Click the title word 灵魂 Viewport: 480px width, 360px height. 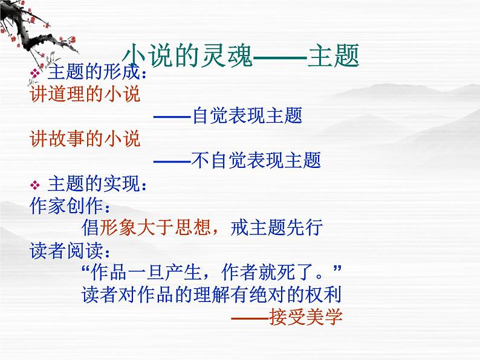click(x=227, y=56)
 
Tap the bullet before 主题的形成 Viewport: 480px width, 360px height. click(x=35, y=73)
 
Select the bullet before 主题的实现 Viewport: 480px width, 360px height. click(x=35, y=185)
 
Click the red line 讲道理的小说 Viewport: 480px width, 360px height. click(x=85, y=94)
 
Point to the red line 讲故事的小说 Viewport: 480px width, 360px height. click(x=85, y=138)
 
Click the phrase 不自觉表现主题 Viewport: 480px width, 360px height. click(x=256, y=160)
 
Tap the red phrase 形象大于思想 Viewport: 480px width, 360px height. click(x=155, y=228)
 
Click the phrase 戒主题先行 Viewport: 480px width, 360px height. click(x=276, y=228)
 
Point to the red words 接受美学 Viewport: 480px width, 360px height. click(x=305, y=317)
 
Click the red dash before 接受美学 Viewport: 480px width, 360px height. click(x=250, y=318)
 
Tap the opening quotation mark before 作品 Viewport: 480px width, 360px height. click(x=86, y=269)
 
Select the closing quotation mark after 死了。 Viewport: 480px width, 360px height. click(x=337, y=269)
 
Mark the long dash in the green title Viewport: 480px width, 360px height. click(x=280, y=57)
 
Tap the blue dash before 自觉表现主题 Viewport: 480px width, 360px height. click(x=173, y=117)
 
